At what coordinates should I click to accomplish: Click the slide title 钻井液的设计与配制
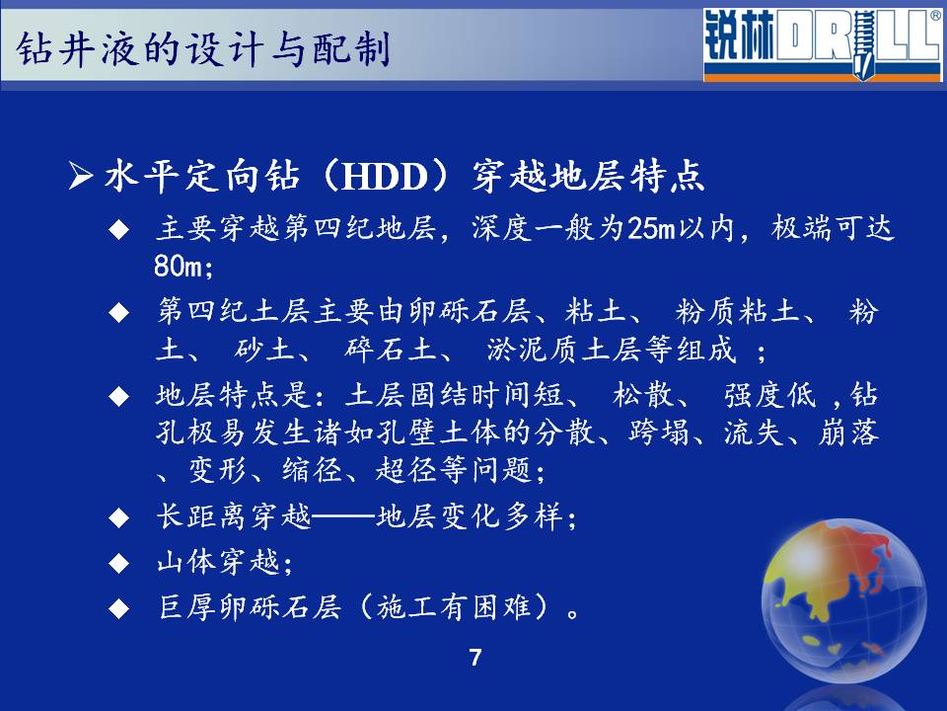pyautogui.click(x=203, y=48)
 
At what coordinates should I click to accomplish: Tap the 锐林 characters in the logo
pyautogui.click(x=739, y=38)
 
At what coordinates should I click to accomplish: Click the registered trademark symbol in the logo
pyautogui.click(x=935, y=16)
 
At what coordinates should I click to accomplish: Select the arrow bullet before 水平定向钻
pyautogui.click(x=81, y=177)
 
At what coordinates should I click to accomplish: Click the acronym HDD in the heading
pyautogui.click(x=385, y=177)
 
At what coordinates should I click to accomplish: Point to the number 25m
pyautogui.click(x=650, y=228)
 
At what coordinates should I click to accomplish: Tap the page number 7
pyautogui.click(x=475, y=658)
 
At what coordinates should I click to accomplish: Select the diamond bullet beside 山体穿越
pyautogui.click(x=119, y=563)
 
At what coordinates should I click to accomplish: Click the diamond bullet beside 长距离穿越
pyautogui.click(x=119, y=517)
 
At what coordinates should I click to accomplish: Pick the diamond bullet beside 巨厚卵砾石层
pyautogui.click(x=119, y=608)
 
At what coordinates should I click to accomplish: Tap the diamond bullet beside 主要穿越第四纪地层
pyautogui.click(x=119, y=230)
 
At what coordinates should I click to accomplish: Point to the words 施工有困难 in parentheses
pyautogui.click(x=454, y=607)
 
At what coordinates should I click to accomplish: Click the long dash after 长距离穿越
pyautogui.click(x=343, y=517)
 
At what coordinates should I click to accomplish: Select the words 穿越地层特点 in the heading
pyautogui.click(x=588, y=177)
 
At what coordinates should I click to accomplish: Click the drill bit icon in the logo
pyautogui.click(x=863, y=42)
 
